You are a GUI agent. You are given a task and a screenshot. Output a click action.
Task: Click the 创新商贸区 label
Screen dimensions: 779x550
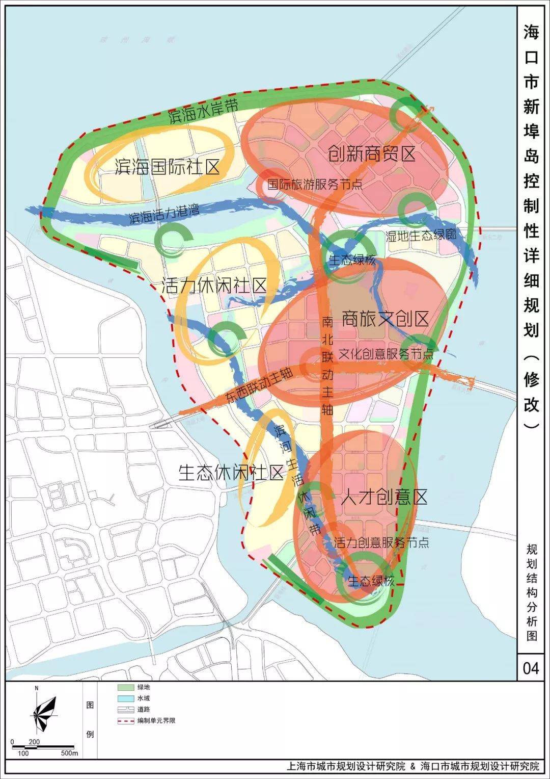click(x=371, y=153)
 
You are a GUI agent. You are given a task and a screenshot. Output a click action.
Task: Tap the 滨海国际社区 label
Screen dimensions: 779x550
click(x=167, y=166)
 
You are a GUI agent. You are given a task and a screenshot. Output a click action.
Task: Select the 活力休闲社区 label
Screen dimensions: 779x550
click(x=214, y=285)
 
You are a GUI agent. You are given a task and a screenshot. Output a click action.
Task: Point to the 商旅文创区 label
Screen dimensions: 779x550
click(x=386, y=319)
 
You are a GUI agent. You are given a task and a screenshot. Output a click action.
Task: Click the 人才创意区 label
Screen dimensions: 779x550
click(x=383, y=497)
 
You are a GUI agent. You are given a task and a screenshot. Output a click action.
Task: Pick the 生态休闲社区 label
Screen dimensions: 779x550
click(x=231, y=473)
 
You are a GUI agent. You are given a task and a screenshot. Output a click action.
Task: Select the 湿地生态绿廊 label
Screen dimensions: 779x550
click(x=421, y=235)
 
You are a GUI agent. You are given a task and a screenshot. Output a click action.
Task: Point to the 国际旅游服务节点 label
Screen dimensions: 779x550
click(x=315, y=184)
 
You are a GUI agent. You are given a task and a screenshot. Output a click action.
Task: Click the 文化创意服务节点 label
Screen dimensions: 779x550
click(x=386, y=353)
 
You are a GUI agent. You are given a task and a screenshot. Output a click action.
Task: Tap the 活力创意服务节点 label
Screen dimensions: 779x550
click(x=381, y=542)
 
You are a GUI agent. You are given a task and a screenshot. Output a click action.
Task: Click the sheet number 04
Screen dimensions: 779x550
click(x=531, y=668)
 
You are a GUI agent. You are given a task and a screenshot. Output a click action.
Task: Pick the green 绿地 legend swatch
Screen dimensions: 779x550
click(x=126, y=688)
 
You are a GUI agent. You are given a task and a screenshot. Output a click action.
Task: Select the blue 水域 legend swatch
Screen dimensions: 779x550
click(x=126, y=698)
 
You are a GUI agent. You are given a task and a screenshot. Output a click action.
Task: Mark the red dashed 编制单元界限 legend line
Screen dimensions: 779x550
click(x=126, y=721)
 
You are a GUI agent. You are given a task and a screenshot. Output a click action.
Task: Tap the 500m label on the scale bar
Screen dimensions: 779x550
click(x=69, y=753)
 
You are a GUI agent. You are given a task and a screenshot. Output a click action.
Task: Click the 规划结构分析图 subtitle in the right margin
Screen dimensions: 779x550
click(x=532, y=592)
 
